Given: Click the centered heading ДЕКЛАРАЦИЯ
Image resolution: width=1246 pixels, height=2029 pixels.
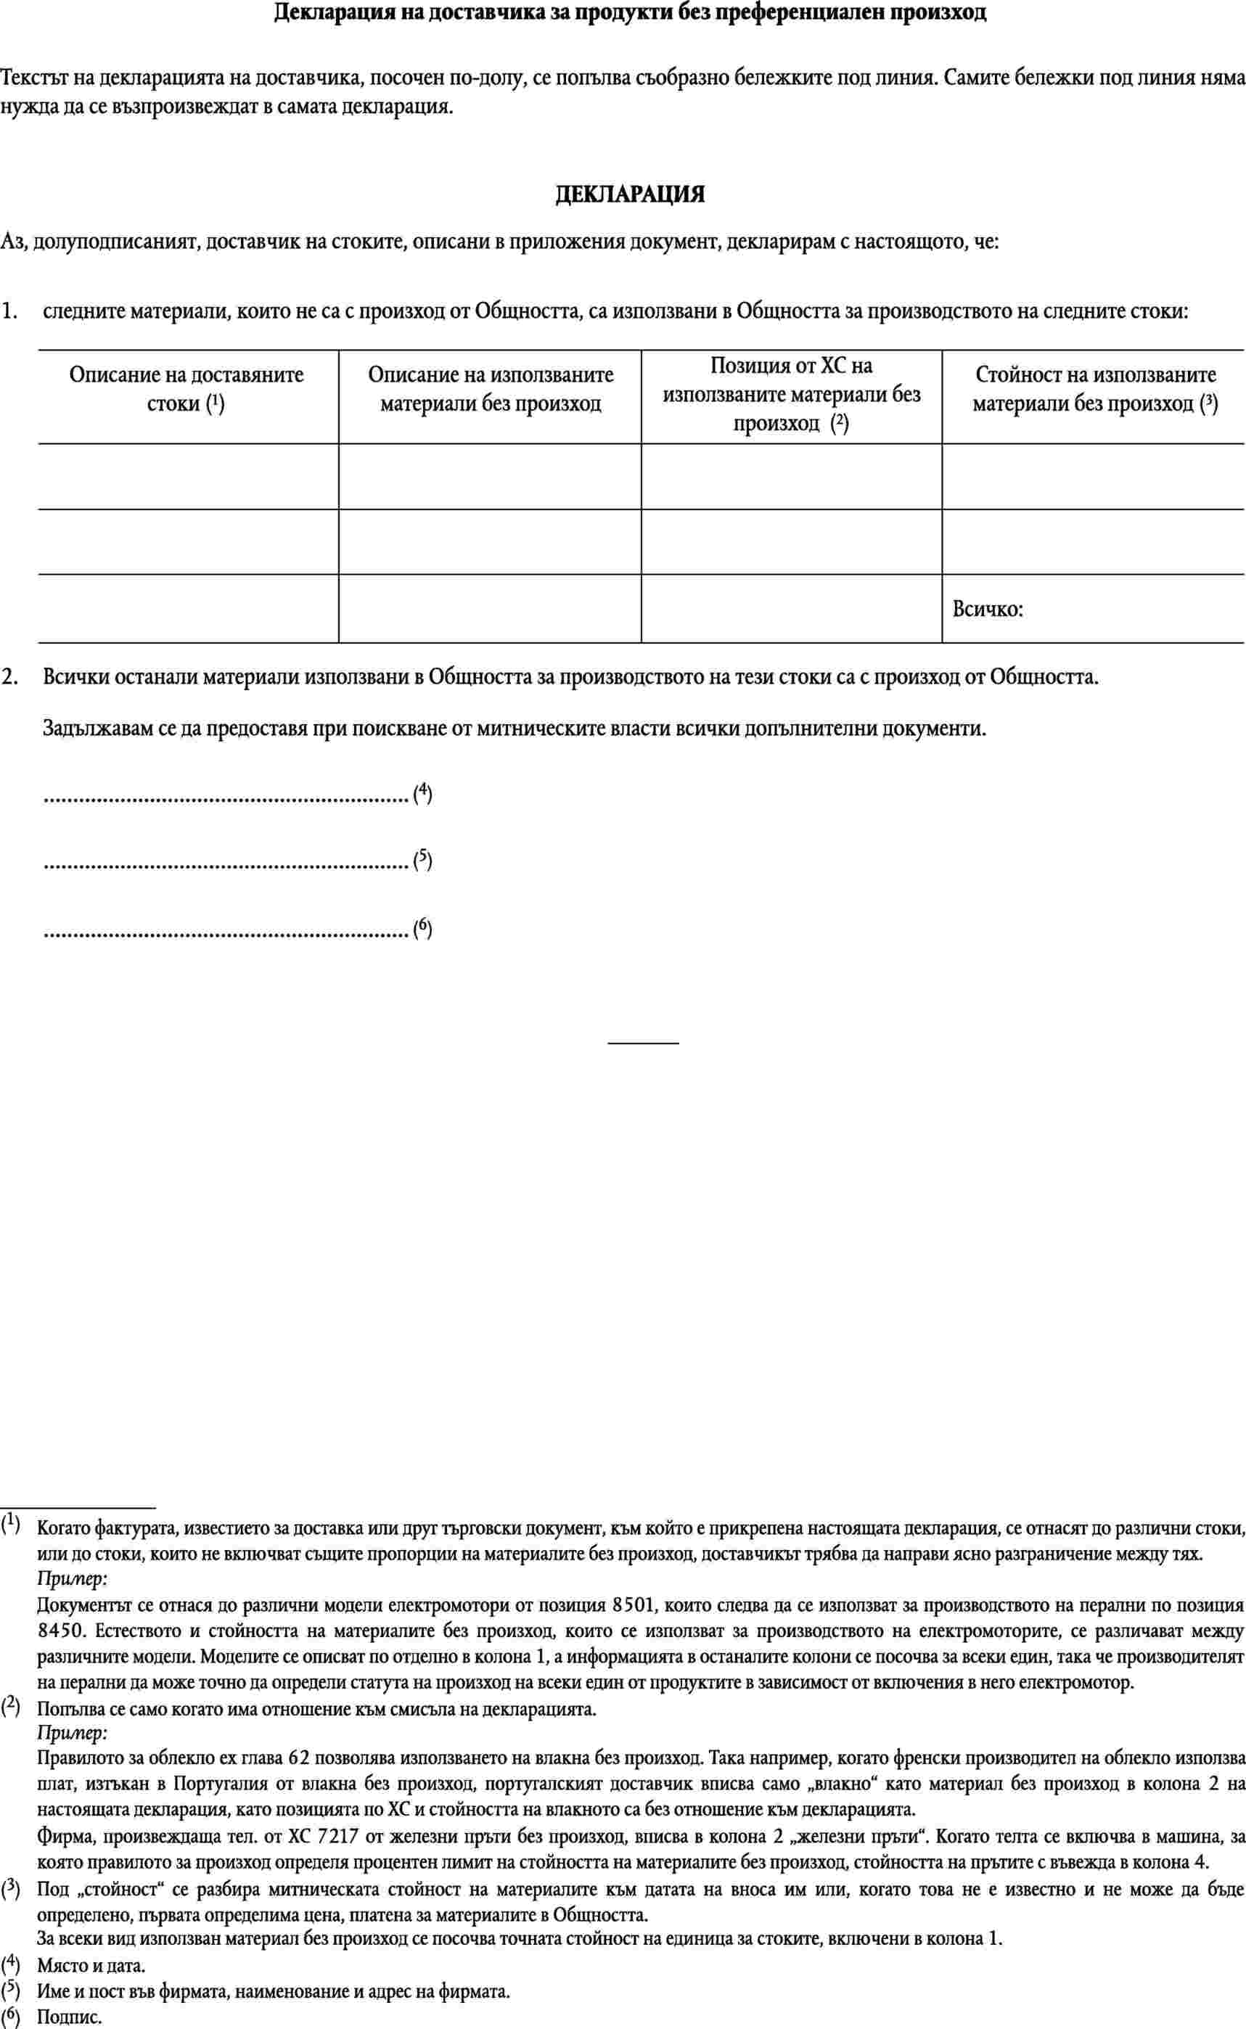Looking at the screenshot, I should pyautogui.click(x=631, y=194).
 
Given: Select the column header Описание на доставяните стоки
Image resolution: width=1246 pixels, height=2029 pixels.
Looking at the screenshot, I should pyautogui.click(x=187, y=389).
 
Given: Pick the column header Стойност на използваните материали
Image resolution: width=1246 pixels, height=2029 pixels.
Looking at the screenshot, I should pyautogui.click(x=1095, y=389).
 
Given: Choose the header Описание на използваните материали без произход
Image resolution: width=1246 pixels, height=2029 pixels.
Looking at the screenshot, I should pyautogui.click(x=491, y=389).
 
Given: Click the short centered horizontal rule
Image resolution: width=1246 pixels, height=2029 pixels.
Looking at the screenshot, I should pyautogui.click(x=643, y=1044).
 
